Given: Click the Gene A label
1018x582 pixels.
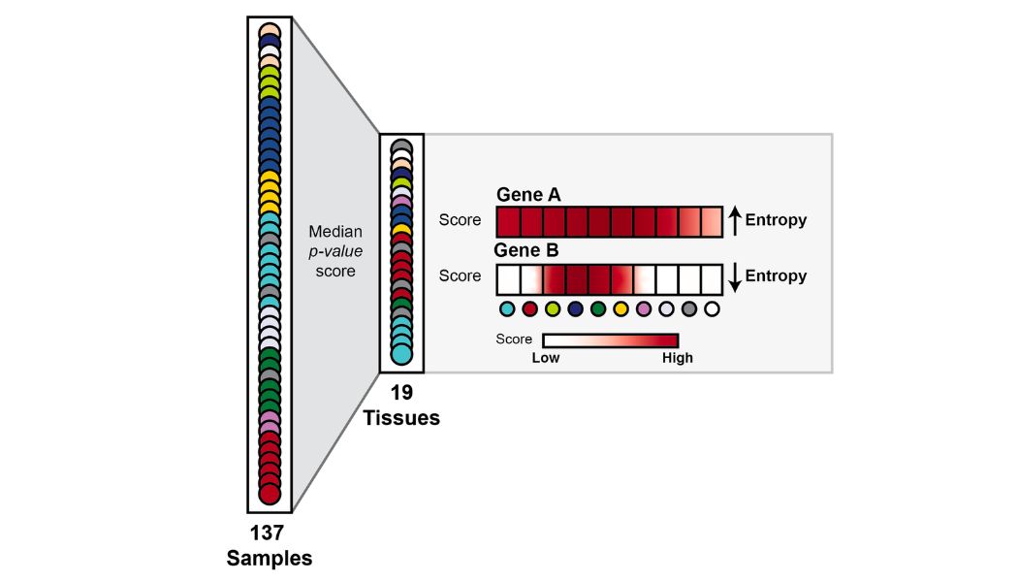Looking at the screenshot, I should point(528,195).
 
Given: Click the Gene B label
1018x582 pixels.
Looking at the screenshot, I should point(526,250).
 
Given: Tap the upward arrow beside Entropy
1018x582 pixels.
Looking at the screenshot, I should point(735,220).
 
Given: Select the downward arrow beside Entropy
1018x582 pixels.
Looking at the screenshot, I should point(735,277).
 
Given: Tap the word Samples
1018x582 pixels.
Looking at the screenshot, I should point(270,559).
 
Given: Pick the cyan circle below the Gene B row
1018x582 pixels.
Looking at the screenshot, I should point(506,309).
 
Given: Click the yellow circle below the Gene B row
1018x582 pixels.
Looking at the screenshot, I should point(620,309).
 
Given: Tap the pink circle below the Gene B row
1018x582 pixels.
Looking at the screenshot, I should point(644,309).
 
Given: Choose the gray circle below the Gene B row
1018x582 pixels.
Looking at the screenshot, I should point(689,309).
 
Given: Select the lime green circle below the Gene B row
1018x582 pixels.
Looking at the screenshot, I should point(552,309).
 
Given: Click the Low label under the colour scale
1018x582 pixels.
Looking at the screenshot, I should point(546,358).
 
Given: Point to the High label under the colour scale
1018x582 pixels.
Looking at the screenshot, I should point(677,358).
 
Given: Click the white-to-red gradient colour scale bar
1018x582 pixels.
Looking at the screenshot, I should point(610,340).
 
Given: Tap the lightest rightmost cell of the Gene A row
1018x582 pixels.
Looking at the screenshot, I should point(712,221).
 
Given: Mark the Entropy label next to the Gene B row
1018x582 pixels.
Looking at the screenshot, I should point(776,277).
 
